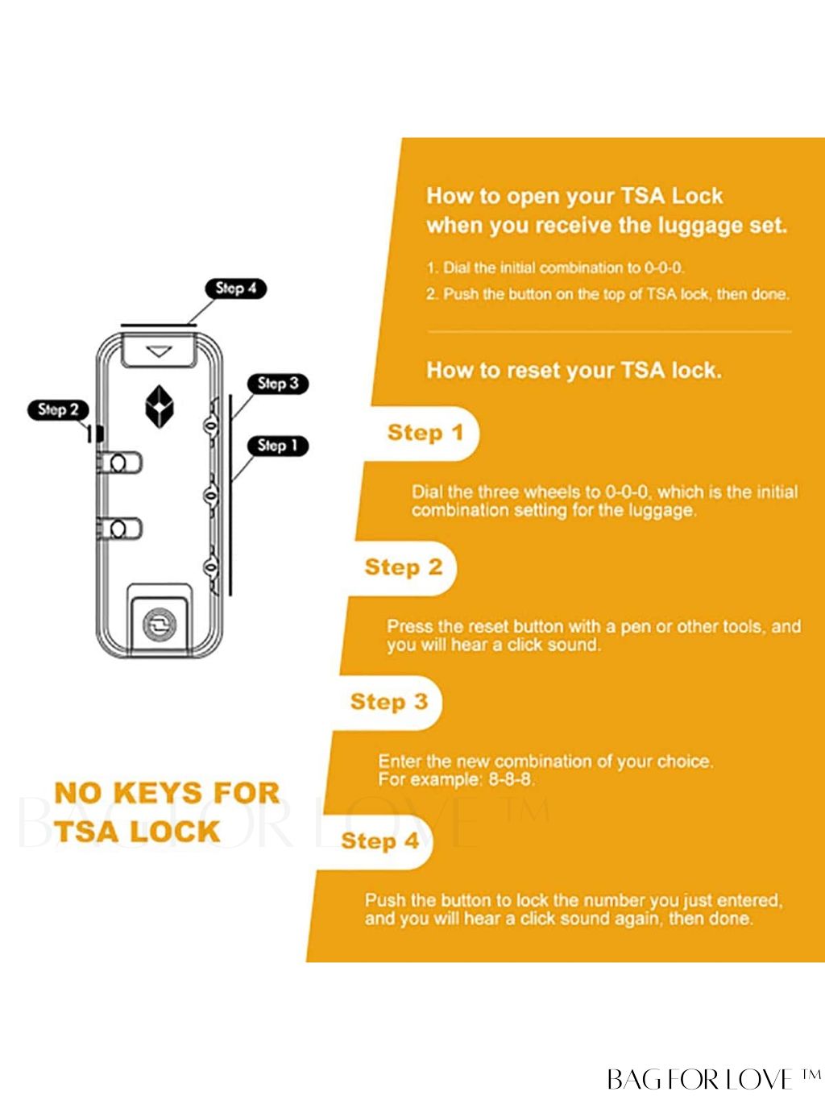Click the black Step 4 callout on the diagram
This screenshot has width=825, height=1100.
236,288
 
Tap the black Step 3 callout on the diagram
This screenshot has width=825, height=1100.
278,384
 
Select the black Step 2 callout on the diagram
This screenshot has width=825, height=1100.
58,409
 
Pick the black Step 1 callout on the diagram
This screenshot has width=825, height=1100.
278,446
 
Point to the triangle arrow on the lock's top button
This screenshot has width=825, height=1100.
159,351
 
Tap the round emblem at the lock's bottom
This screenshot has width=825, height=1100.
159,625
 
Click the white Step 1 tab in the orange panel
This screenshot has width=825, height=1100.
424,433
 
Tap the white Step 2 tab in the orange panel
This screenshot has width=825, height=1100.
403,567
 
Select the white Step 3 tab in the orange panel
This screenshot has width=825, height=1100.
388,702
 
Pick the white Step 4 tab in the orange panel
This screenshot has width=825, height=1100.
379,841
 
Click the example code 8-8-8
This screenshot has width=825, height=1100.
511,780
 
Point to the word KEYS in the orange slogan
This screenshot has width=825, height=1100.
167,793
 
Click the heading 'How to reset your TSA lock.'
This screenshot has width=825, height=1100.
574,371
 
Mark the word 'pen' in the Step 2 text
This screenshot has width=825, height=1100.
636,626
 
